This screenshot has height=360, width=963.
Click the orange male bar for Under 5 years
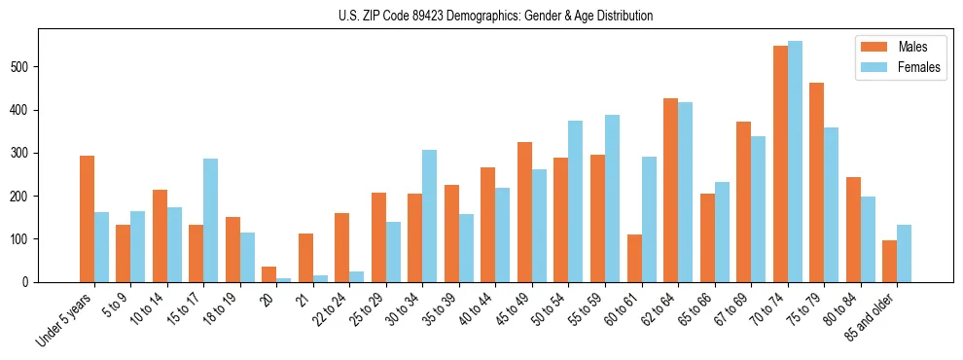87,219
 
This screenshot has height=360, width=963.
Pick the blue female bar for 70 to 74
795,162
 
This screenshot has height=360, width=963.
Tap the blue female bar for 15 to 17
211,220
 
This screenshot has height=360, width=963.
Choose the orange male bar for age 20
269,274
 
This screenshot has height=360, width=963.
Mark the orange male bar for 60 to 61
634,258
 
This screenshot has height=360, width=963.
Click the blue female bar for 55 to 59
612,198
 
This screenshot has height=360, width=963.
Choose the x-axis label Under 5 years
65,319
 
